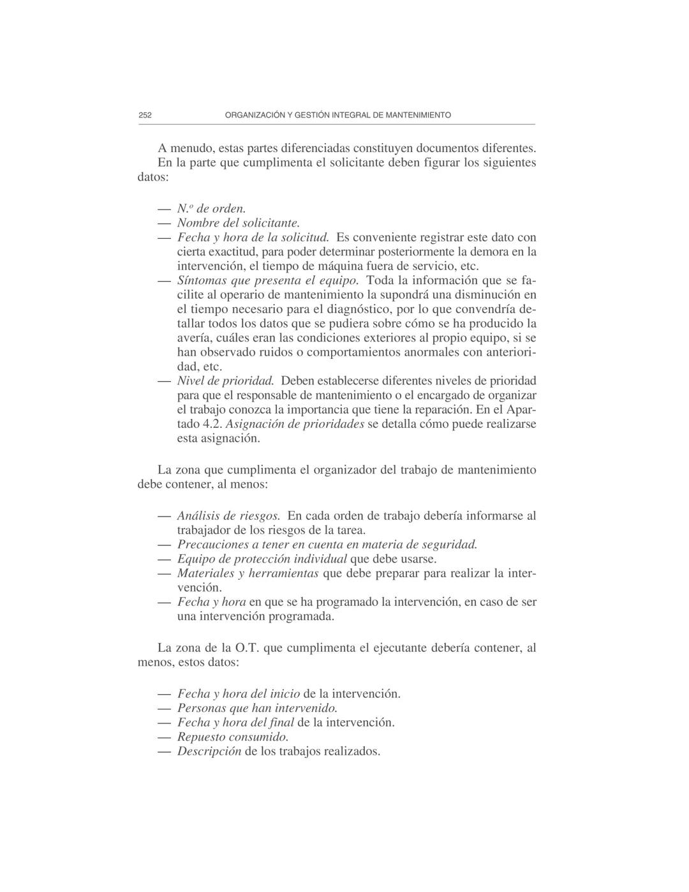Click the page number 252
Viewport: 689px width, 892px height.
point(145,116)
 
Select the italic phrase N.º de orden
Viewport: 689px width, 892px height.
point(211,209)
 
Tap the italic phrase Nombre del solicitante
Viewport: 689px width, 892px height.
point(238,223)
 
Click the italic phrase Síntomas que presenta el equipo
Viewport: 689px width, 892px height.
point(268,280)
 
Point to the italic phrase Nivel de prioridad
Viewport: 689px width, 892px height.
point(225,381)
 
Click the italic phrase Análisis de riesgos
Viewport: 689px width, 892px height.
point(228,516)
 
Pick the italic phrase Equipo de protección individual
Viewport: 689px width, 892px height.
point(262,559)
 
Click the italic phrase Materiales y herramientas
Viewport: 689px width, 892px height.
point(248,573)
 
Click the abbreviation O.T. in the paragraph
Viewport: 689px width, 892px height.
point(246,648)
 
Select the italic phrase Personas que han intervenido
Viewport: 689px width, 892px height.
point(257,708)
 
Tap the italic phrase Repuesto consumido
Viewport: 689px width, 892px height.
point(228,737)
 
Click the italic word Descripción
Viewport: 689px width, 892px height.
point(209,752)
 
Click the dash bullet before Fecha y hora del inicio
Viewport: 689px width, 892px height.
point(165,694)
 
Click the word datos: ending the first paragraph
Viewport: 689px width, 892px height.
point(153,177)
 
